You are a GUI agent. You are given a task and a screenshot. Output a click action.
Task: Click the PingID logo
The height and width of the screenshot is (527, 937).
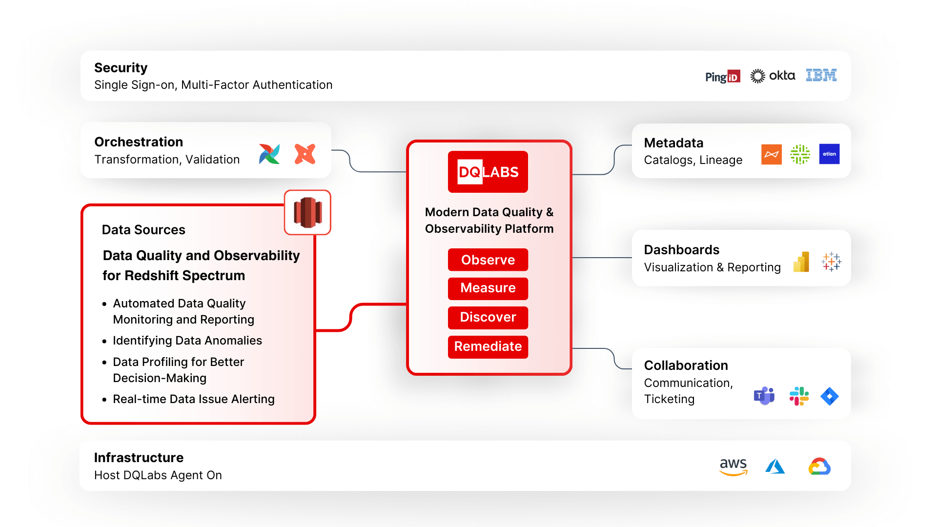722,77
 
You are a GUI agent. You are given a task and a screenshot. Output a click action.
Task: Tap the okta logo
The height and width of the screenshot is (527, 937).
773,76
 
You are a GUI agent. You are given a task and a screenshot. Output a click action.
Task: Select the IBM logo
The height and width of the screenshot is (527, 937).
821,75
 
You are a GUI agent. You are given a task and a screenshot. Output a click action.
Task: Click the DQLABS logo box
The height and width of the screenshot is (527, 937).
488,172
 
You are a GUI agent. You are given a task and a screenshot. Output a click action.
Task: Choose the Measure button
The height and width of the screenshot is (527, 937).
488,288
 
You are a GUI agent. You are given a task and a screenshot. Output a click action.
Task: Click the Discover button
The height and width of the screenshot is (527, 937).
488,318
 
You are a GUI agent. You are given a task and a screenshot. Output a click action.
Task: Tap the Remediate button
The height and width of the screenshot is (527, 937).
488,347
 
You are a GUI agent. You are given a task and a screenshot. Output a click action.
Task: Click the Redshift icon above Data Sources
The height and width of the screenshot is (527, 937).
307,212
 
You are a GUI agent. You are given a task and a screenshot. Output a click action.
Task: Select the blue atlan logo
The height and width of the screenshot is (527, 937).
829,154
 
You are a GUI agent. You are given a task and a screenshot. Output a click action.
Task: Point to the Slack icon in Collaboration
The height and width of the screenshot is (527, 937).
799,396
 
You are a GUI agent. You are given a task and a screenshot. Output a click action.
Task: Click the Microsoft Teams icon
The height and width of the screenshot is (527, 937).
764,396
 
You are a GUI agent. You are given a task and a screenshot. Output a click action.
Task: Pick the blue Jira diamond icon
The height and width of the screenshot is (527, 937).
830,396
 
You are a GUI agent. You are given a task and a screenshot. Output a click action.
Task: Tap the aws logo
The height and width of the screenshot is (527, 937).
733,466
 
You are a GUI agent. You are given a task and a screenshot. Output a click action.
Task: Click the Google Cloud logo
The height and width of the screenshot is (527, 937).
819,466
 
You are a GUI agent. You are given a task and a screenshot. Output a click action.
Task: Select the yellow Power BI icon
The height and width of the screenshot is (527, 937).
801,262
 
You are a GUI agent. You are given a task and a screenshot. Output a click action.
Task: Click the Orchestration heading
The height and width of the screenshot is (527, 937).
139,142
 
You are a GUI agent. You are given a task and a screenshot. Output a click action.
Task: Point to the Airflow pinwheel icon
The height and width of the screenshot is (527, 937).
269,154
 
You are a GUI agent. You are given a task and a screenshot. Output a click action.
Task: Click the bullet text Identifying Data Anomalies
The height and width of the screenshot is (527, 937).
187,341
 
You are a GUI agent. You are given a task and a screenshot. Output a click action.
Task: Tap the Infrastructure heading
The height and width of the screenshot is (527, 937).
139,458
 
